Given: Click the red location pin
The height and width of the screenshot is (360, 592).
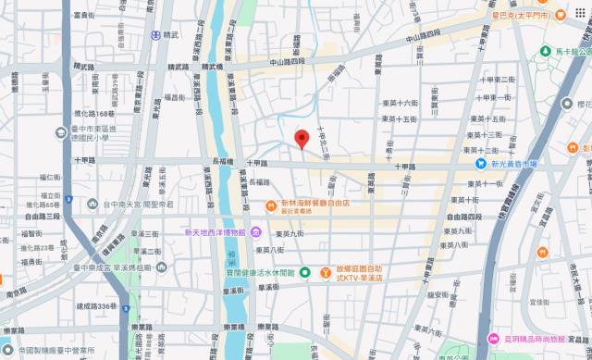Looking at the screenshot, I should pyautogui.click(x=301, y=140).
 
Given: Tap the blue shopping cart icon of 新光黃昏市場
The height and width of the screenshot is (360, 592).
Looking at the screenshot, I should pyautogui.click(x=481, y=163).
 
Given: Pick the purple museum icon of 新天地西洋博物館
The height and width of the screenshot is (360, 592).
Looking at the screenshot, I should pyautogui.click(x=254, y=231).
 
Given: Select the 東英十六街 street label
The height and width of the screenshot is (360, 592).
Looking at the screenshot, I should pyautogui.click(x=399, y=104).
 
